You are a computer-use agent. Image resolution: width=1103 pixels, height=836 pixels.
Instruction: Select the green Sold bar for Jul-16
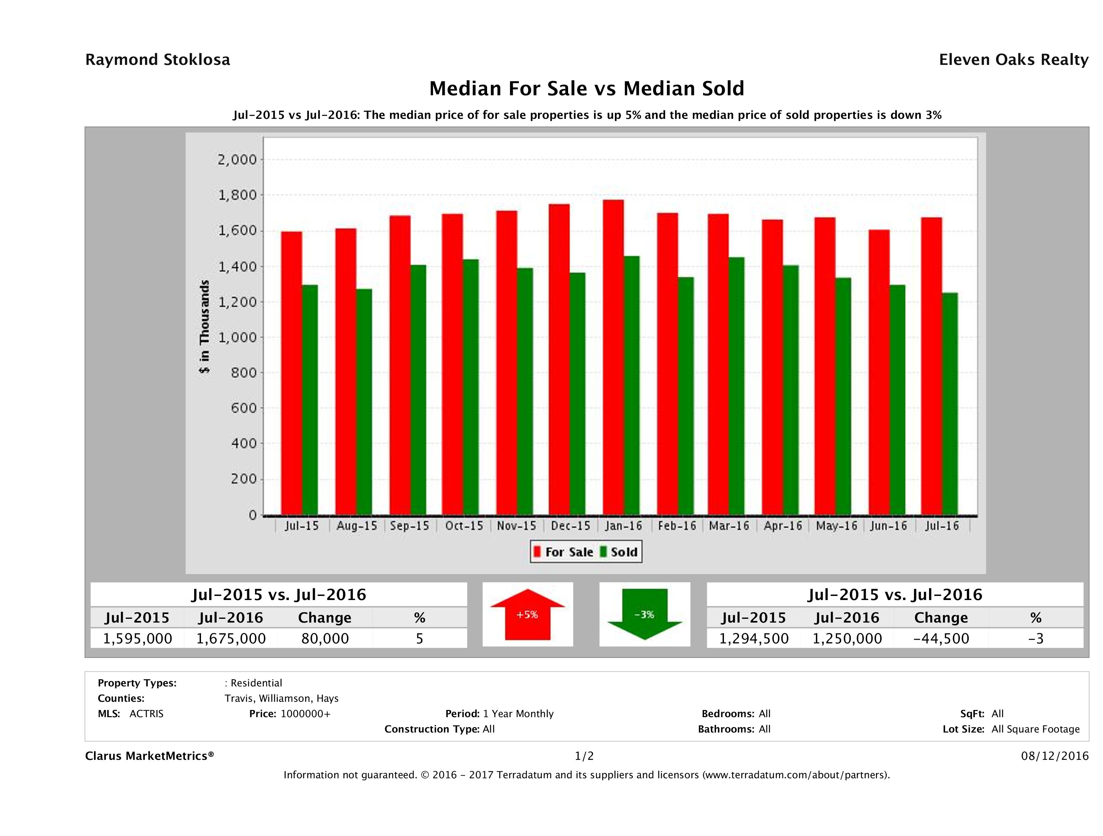(950, 404)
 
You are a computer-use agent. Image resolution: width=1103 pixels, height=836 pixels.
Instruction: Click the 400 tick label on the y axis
(243, 443)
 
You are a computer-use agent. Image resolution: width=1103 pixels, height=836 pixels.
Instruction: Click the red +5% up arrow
(527, 614)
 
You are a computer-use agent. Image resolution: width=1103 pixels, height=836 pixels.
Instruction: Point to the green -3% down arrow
(644, 614)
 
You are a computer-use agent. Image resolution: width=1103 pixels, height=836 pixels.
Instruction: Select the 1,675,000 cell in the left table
(231, 638)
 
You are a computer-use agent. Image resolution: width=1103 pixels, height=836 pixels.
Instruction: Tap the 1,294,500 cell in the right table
(753, 638)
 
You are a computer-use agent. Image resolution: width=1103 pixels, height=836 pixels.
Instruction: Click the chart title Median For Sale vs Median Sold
(587, 89)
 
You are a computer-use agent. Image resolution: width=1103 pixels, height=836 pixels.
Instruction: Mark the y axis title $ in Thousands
(204, 326)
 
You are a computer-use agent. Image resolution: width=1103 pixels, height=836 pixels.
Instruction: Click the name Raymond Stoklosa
(158, 60)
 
